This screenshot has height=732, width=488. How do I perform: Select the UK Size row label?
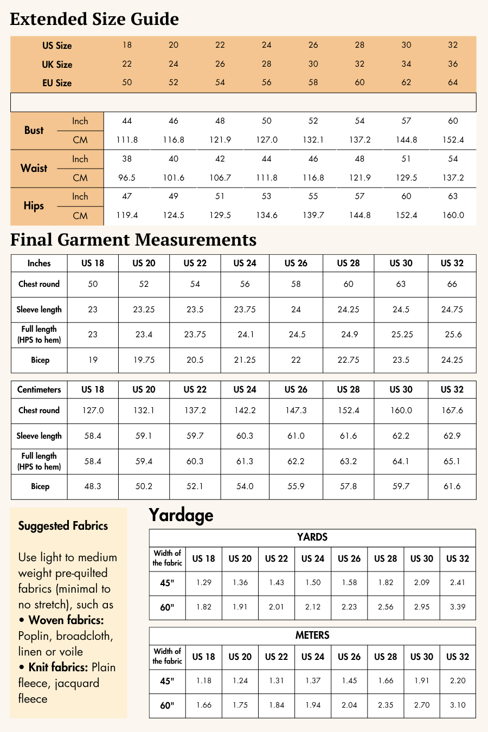pos(57,64)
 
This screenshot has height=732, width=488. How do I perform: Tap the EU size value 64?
pos(453,82)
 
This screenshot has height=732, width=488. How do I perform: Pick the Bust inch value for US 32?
pos(453,121)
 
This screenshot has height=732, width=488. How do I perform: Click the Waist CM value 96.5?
pos(127,178)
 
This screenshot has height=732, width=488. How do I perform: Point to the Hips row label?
pos(34,206)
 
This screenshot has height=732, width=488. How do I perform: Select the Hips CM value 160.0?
pos(453,215)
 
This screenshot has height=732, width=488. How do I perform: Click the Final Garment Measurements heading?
pos(133,240)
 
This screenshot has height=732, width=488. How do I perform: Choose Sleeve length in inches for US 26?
pos(296,310)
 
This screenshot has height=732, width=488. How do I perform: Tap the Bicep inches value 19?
pos(93,360)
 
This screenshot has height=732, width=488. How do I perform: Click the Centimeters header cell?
pos(39,389)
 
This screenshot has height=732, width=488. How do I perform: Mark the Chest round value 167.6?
pos(452,410)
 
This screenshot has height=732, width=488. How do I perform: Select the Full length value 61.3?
pos(245,461)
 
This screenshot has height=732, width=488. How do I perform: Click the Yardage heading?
pos(181,515)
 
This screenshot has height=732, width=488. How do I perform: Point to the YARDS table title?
pos(312,537)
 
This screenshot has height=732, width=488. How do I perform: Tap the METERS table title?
pos(312,635)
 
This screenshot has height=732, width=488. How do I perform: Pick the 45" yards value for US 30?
pos(421,582)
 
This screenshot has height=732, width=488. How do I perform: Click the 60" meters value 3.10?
pos(458,705)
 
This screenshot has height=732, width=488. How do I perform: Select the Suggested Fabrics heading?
pos(63,526)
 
